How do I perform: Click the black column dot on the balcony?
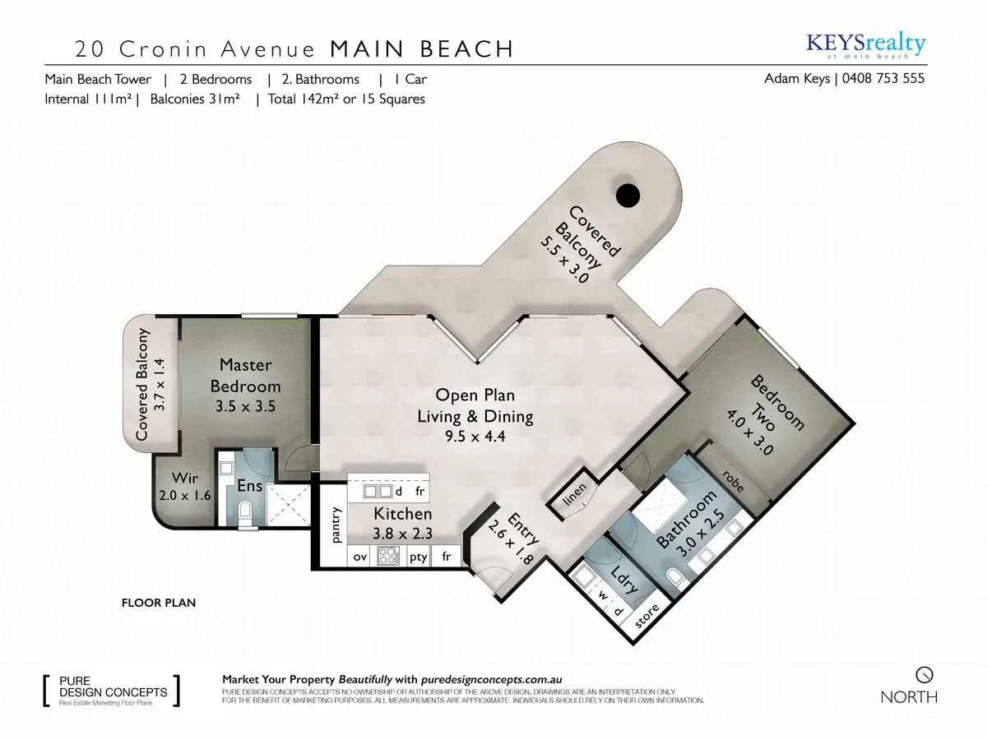(x=628, y=195)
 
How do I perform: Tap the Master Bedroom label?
(x=245, y=376)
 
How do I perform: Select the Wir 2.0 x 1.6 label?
(x=185, y=486)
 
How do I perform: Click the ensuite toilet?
(x=244, y=511)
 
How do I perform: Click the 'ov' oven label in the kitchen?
(x=359, y=557)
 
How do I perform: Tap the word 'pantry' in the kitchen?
(x=336, y=525)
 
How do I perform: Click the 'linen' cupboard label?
(x=574, y=494)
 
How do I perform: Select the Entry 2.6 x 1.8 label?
(x=516, y=538)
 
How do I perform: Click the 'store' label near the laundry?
(x=647, y=616)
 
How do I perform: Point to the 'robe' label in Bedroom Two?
(x=734, y=481)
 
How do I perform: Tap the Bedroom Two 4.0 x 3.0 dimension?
(x=750, y=433)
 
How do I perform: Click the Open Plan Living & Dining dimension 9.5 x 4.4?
(x=475, y=436)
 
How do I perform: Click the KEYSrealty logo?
(x=866, y=46)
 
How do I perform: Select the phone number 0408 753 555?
(x=883, y=79)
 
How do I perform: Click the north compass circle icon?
(x=924, y=675)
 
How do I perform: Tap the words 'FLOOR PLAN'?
(x=159, y=603)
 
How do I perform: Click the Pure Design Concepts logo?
(x=112, y=691)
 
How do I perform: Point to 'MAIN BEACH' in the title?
(x=422, y=49)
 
